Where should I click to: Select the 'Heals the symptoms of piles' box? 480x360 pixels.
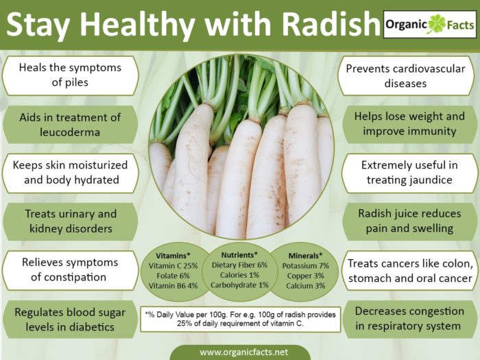[70, 75]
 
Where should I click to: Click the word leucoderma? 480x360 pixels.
[70, 132]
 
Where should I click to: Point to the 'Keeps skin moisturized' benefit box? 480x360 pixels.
[70, 173]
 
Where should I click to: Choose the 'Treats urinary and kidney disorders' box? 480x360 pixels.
[70, 221]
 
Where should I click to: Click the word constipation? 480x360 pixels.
[69, 277]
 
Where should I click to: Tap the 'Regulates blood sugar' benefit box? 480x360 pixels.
[70, 320]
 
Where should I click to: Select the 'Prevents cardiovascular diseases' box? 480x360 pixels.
[406, 76]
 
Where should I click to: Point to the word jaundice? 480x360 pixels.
[432, 180]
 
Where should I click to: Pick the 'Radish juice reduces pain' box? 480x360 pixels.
[409, 221]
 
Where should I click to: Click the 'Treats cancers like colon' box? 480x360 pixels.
[410, 271]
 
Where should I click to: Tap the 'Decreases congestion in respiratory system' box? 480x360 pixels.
[409, 319]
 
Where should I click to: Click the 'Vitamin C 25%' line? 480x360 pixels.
[173, 266]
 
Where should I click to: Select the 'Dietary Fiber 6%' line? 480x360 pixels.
[240, 265]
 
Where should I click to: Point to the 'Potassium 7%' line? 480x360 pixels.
[306, 266]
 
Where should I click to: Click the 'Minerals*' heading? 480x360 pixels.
[306, 256]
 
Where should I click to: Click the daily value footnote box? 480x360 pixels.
[241, 319]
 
